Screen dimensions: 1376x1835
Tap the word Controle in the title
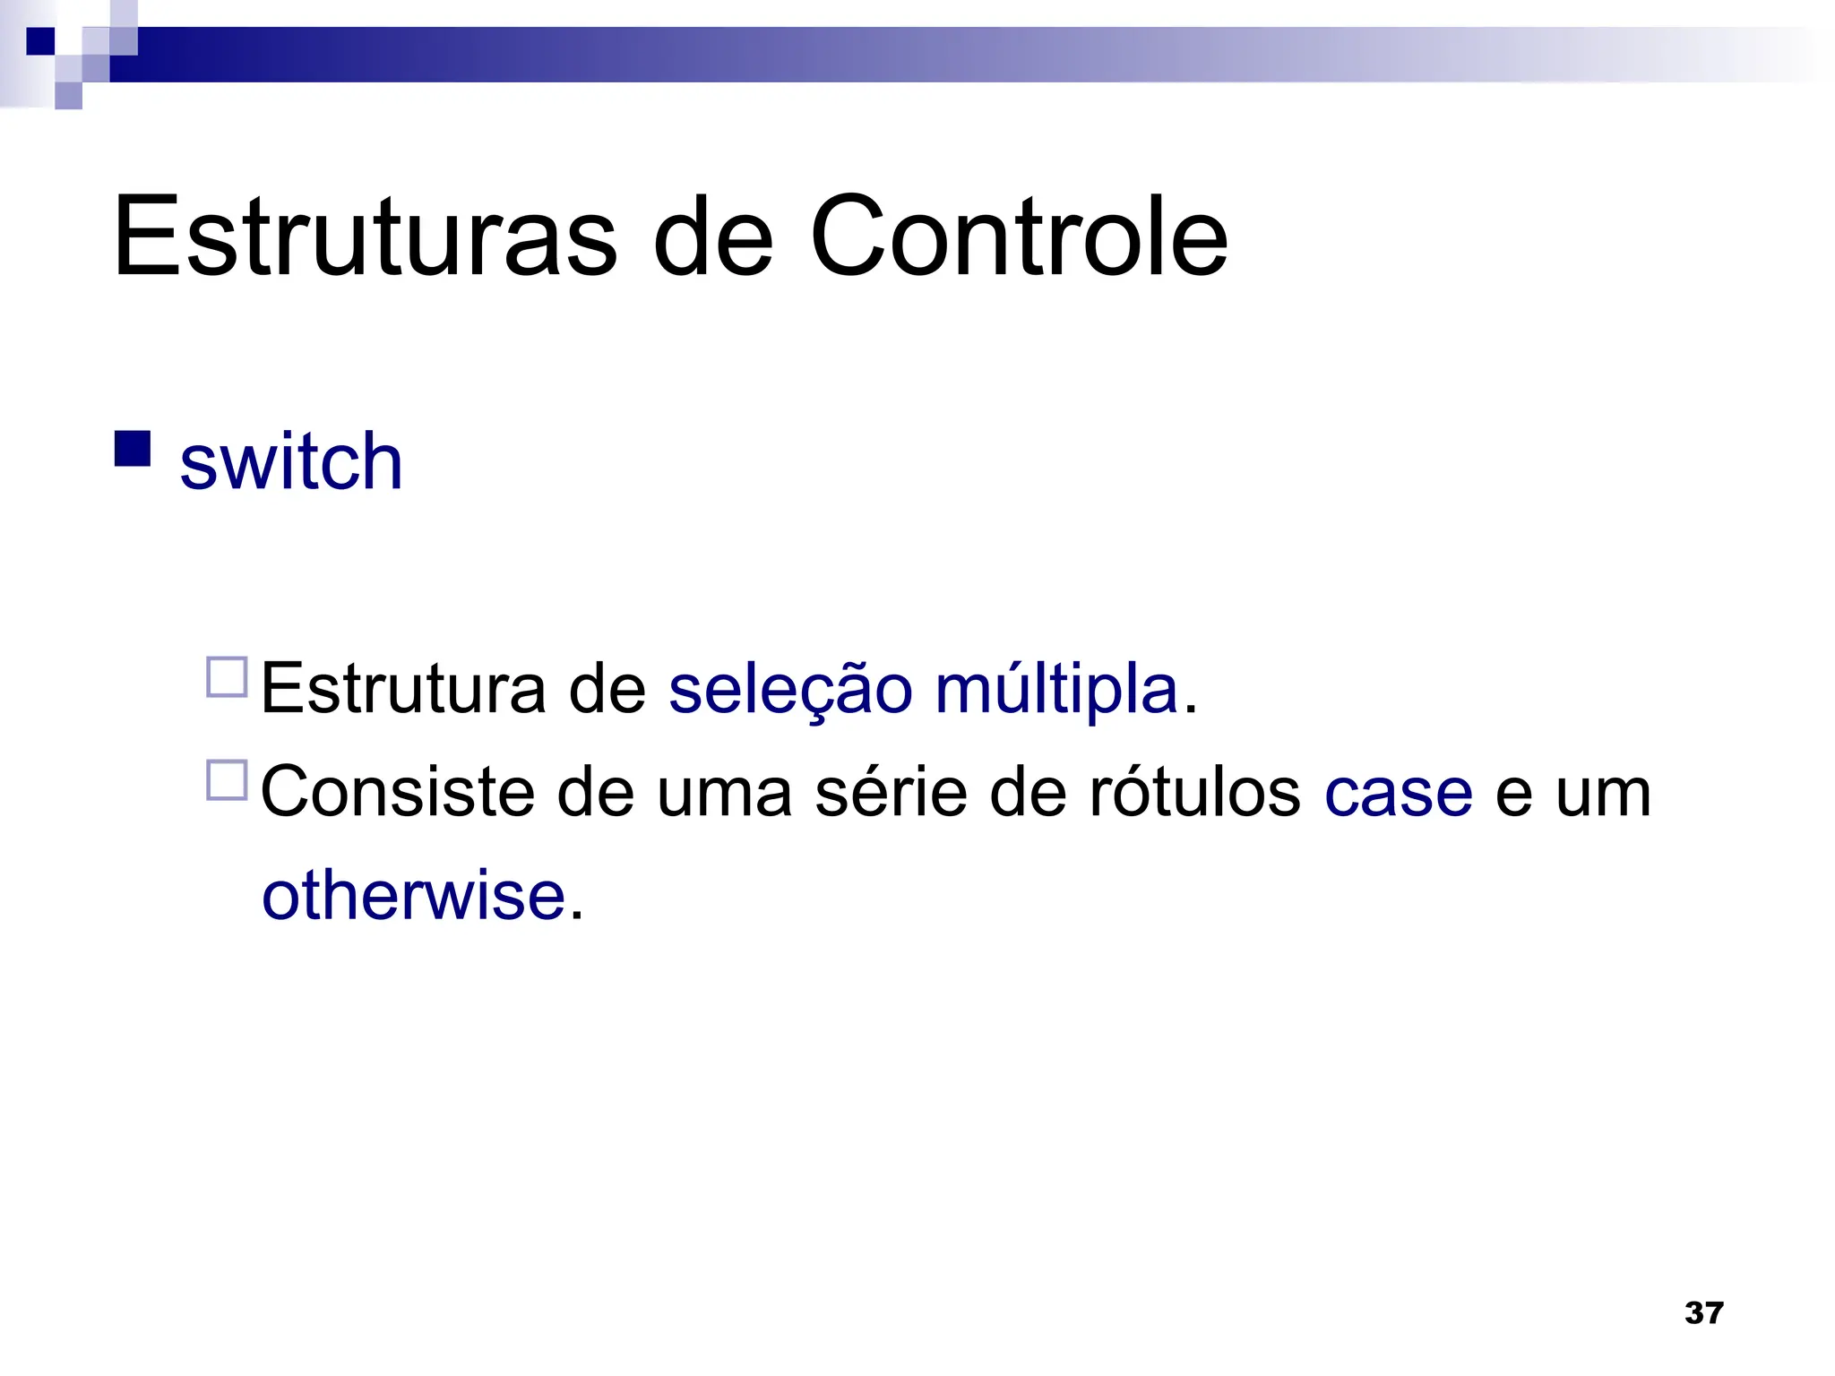click(x=1019, y=236)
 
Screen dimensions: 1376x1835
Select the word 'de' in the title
click(x=712, y=236)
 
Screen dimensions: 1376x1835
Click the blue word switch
click(x=291, y=461)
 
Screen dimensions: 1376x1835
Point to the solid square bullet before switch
click(x=133, y=450)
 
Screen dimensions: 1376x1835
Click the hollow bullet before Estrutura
click(x=227, y=677)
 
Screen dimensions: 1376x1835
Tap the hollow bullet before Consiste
click(x=227, y=780)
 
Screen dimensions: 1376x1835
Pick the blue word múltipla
click(x=1056, y=689)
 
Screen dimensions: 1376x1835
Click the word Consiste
click(x=397, y=792)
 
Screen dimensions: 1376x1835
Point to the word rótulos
click(x=1193, y=792)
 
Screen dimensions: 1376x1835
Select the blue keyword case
click(x=1398, y=792)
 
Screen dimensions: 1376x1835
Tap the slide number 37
click(x=1703, y=1313)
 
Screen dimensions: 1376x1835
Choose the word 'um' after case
click(x=1603, y=792)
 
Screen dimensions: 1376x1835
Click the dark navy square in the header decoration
click(x=40, y=41)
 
